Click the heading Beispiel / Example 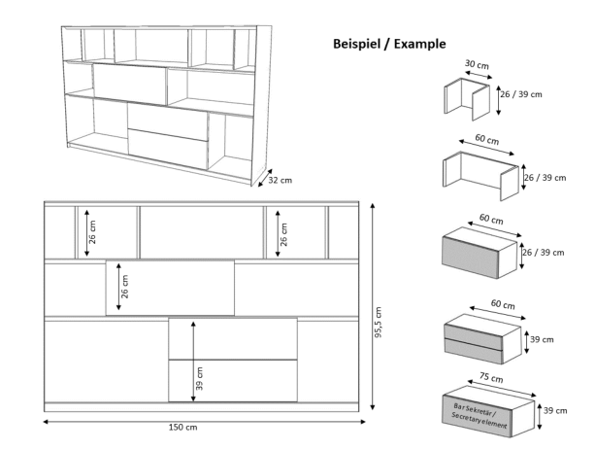click(388, 44)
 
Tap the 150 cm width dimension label click(183, 427)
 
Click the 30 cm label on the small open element click(477, 66)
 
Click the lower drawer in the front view click(233, 380)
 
